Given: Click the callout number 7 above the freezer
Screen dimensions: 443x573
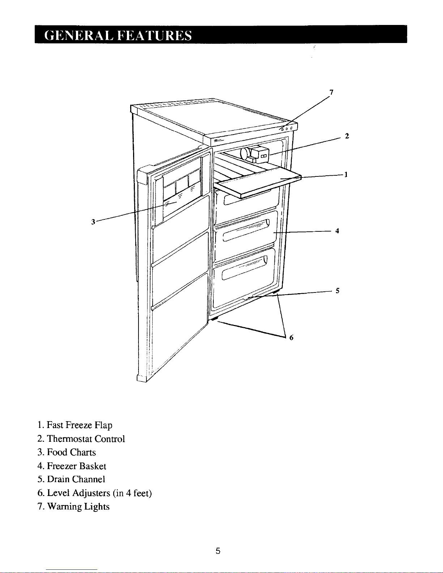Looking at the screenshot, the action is click(331, 92).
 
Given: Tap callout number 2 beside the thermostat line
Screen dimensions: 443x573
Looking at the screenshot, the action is click(347, 136).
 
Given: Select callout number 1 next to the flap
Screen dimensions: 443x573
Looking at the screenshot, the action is click(346, 175).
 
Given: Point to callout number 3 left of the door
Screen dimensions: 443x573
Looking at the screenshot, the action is click(93, 222).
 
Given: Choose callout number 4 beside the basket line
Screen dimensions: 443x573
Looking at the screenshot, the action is click(337, 231).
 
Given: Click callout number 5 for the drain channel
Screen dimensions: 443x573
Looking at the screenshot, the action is click(337, 290).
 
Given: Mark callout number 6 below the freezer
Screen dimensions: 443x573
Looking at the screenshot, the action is click(291, 338).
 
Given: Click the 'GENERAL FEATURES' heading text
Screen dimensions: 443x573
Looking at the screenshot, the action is click(118, 35).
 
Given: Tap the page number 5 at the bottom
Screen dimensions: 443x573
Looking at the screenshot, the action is click(218, 551).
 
